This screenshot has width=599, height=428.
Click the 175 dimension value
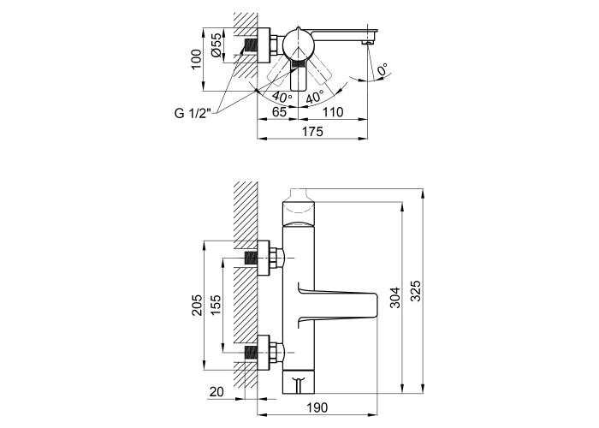(x=312, y=132)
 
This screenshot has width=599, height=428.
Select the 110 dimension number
(x=333, y=112)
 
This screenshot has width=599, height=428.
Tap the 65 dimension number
(x=279, y=112)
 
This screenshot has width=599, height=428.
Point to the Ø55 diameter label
(x=216, y=45)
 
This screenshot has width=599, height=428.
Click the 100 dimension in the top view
(x=196, y=59)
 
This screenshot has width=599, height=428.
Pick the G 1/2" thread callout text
(x=193, y=114)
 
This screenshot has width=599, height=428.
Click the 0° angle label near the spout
(x=383, y=70)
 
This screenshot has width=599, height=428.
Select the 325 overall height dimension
(x=416, y=291)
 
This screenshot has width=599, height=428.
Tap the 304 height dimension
(x=395, y=297)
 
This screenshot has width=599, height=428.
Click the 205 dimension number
(x=197, y=305)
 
